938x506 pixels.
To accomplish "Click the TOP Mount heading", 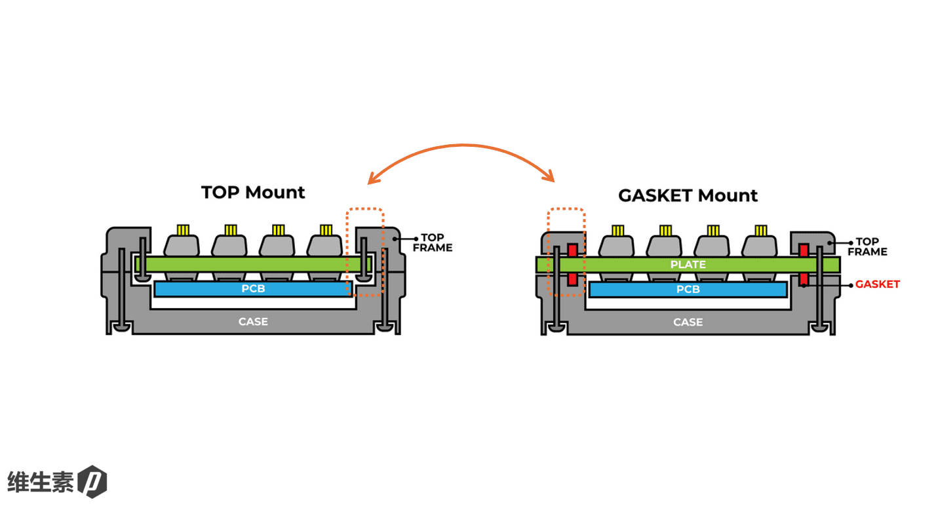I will [253, 192].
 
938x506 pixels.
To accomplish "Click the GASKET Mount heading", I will [688, 195].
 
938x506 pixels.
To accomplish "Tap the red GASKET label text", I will [877, 284].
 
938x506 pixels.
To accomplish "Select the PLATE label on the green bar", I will [688, 265].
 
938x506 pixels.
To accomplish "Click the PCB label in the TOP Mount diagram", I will [253, 289].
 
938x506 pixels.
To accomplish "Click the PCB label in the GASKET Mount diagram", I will [688, 290].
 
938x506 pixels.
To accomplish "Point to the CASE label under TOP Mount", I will [253, 322].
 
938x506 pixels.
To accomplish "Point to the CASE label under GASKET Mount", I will [688, 322].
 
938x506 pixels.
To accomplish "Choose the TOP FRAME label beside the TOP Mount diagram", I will [433, 243].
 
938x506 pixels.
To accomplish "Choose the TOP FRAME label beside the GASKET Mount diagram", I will [867, 246].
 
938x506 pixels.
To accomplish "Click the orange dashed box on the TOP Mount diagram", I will [364, 210].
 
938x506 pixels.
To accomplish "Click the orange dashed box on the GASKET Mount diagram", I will [566, 210].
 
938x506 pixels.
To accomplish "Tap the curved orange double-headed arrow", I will [461, 146].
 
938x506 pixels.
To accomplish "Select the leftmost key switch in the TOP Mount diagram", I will [182, 246].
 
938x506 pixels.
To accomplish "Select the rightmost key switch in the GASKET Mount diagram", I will [760, 246].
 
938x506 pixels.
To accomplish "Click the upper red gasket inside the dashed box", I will [572, 250].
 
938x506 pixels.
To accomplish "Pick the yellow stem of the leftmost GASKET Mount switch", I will [618, 230].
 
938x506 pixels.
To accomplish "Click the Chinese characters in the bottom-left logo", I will [40, 481].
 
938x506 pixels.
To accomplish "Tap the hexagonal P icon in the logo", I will [92, 482].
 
